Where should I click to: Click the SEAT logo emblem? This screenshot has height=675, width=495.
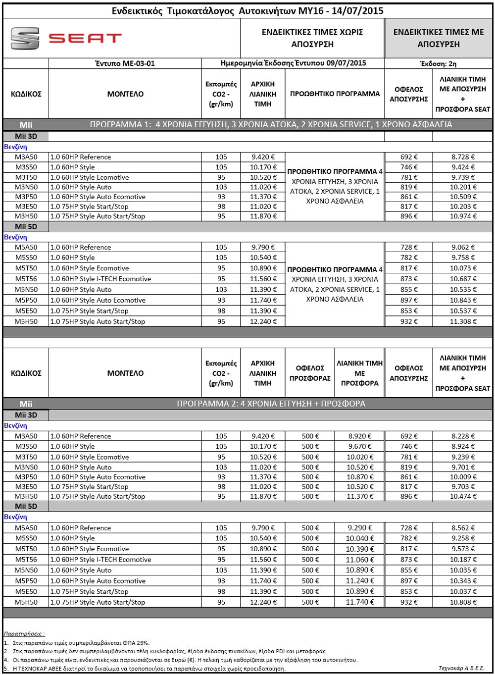25,38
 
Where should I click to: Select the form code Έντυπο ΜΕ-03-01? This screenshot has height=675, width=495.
125,63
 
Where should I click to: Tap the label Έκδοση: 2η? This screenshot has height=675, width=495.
438,63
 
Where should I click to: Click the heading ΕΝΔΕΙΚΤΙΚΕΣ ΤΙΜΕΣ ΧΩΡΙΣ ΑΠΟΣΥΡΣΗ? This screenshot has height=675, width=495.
312,38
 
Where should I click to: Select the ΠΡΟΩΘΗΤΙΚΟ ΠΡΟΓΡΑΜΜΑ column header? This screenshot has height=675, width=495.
335,94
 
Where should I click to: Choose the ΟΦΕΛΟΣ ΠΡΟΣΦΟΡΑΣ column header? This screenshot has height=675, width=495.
310,373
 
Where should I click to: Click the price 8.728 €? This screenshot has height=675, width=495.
463,157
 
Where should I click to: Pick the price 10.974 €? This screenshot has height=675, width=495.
463,216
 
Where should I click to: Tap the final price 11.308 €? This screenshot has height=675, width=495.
463,321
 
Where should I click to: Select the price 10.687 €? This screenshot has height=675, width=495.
463,279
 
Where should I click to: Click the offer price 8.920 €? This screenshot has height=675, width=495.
359,436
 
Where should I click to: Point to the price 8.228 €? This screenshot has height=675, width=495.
463,436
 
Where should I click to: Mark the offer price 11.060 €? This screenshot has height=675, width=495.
359,560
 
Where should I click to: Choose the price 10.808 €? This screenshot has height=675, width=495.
463,602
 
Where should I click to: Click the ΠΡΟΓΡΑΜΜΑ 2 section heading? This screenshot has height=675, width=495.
271,404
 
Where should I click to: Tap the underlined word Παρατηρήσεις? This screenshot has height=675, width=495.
24,633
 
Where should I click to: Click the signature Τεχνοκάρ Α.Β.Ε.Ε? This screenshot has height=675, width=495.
461,668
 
